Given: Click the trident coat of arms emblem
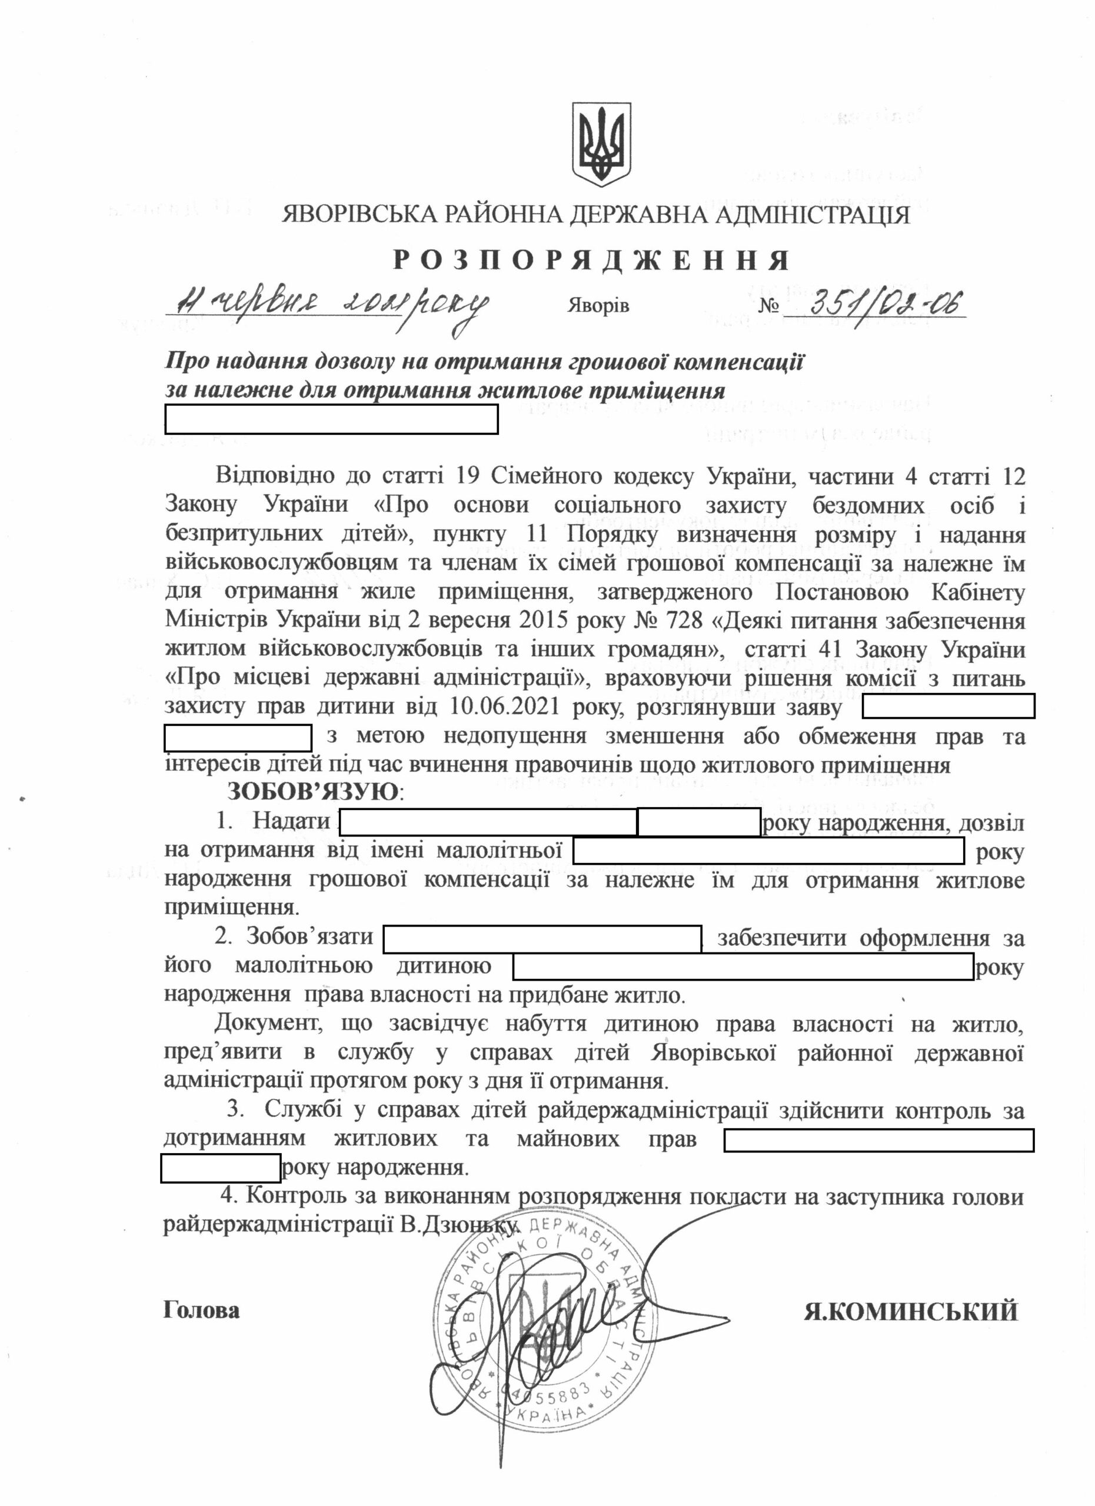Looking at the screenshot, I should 601,144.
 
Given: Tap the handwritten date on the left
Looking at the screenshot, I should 326,305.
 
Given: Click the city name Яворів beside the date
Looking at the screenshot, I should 598,306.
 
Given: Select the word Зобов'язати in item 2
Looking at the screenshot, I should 309,937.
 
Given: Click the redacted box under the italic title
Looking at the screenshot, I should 331,420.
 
